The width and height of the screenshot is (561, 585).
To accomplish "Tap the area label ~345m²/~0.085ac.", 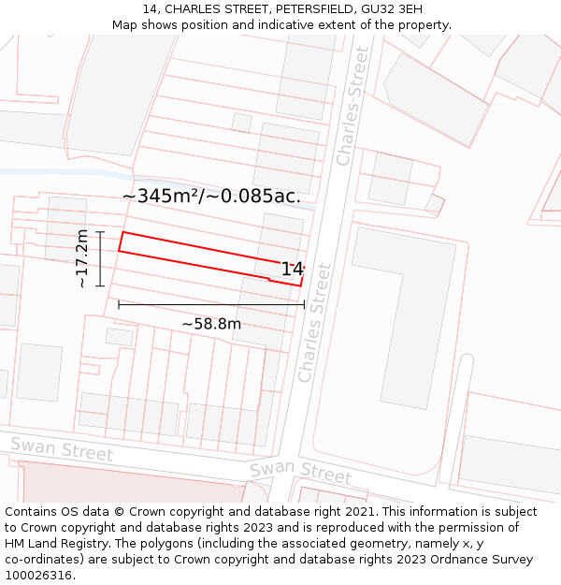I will [x=211, y=196].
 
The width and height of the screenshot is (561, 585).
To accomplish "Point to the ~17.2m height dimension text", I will [x=81, y=257].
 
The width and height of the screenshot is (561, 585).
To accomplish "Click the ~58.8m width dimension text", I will [x=211, y=324].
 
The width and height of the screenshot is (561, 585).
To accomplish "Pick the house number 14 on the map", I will [x=292, y=270].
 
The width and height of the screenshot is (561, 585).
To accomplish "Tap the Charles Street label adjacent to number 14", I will [x=314, y=322].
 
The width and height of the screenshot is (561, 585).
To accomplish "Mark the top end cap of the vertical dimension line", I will [x=99, y=232].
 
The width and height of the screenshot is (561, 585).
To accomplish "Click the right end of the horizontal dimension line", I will [x=305, y=304].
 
